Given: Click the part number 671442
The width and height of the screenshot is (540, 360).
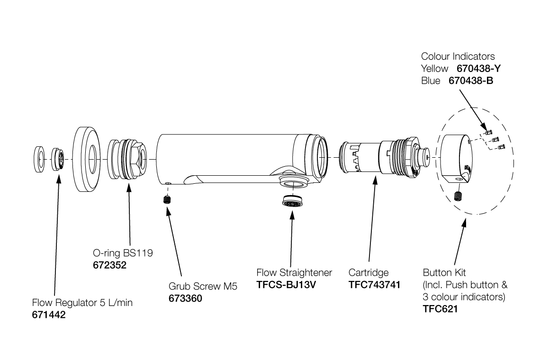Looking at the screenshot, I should pos(49,315).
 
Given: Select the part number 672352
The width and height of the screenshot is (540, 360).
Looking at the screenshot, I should pos(109,265).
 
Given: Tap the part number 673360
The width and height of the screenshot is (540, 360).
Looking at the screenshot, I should pos(185,298).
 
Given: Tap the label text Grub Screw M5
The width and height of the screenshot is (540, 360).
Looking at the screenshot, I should pos(202,287).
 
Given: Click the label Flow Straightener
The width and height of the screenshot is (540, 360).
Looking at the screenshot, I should pos(294,273).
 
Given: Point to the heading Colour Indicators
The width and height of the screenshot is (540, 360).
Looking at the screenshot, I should pos(458,57).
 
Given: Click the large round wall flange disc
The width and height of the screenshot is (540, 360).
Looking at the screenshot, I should pos(89,160).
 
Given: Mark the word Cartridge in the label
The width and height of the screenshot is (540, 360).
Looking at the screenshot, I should pos(369,273).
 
